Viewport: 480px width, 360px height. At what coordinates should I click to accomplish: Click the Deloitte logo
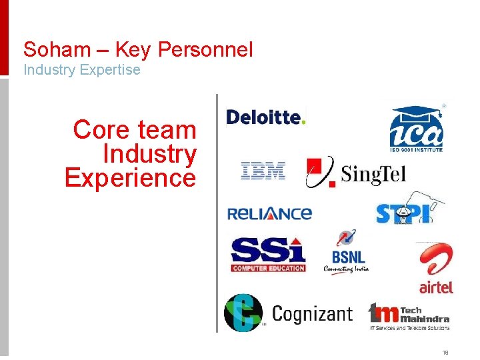(x=265, y=117)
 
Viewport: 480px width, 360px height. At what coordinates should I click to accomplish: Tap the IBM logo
(x=263, y=171)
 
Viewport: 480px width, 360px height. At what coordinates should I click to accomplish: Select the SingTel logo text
(x=373, y=175)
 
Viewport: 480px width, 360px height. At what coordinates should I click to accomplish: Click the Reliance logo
(x=269, y=213)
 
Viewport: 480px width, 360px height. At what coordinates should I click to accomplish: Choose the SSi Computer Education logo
(x=268, y=254)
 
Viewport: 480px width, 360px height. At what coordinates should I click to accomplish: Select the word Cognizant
(x=312, y=313)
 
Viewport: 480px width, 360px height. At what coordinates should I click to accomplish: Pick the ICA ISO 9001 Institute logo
(x=417, y=129)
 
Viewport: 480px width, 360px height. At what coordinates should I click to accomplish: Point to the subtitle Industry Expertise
(x=82, y=69)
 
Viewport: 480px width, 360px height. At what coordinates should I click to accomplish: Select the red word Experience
(x=131, y=178)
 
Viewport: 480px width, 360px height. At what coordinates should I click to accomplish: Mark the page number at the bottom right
(x=445, y=353)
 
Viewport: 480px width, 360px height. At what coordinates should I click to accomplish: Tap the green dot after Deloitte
(x=304, y=122)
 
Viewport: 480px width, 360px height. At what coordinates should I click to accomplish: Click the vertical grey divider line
(x=217, y=213)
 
